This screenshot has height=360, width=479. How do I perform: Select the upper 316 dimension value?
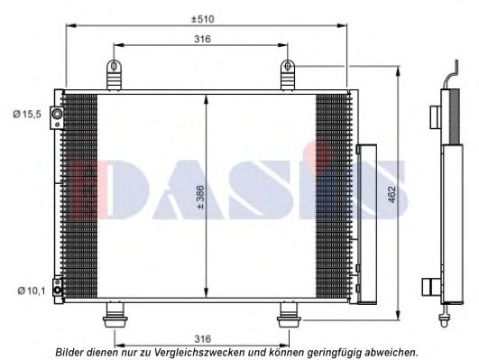click(x=203, y=40)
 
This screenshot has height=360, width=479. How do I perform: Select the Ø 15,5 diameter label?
click(x=28, y=114)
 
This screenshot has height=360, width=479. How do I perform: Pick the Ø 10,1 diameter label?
click(x=28, y=291)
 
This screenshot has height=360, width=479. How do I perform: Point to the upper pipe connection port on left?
click(x=57, y=115)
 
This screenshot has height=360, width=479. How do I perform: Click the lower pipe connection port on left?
click(x=57, y=290)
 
